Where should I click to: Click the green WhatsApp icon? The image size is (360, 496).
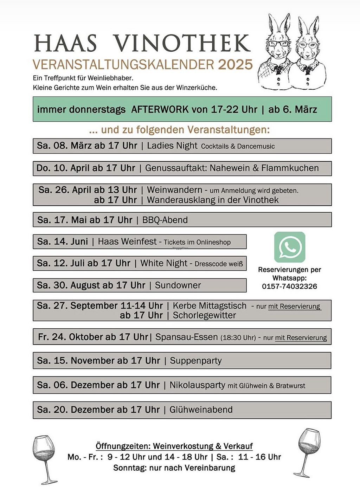coord(290,247)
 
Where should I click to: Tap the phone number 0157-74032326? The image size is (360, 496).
coord(289,286)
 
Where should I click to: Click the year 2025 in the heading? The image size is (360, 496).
coord(235,64)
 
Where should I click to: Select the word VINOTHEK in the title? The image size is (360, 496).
coord(182,44)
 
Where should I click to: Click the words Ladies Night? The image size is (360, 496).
coord(172,146)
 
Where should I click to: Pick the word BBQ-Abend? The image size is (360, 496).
coord(165,220)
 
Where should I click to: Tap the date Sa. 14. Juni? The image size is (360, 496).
coord(62,241)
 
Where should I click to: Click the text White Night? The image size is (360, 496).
coord(164,263)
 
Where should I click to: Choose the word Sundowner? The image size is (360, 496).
coord(178,285)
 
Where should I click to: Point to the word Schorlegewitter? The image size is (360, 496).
coord(204,315)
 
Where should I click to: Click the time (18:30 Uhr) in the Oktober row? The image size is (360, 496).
coord(238,337)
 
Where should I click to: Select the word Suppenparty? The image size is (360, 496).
coord(196,361)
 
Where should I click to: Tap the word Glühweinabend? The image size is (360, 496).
coord(201,410)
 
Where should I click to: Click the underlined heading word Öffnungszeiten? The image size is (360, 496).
coord(123,446)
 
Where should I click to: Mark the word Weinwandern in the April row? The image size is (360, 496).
coord(174,190)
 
